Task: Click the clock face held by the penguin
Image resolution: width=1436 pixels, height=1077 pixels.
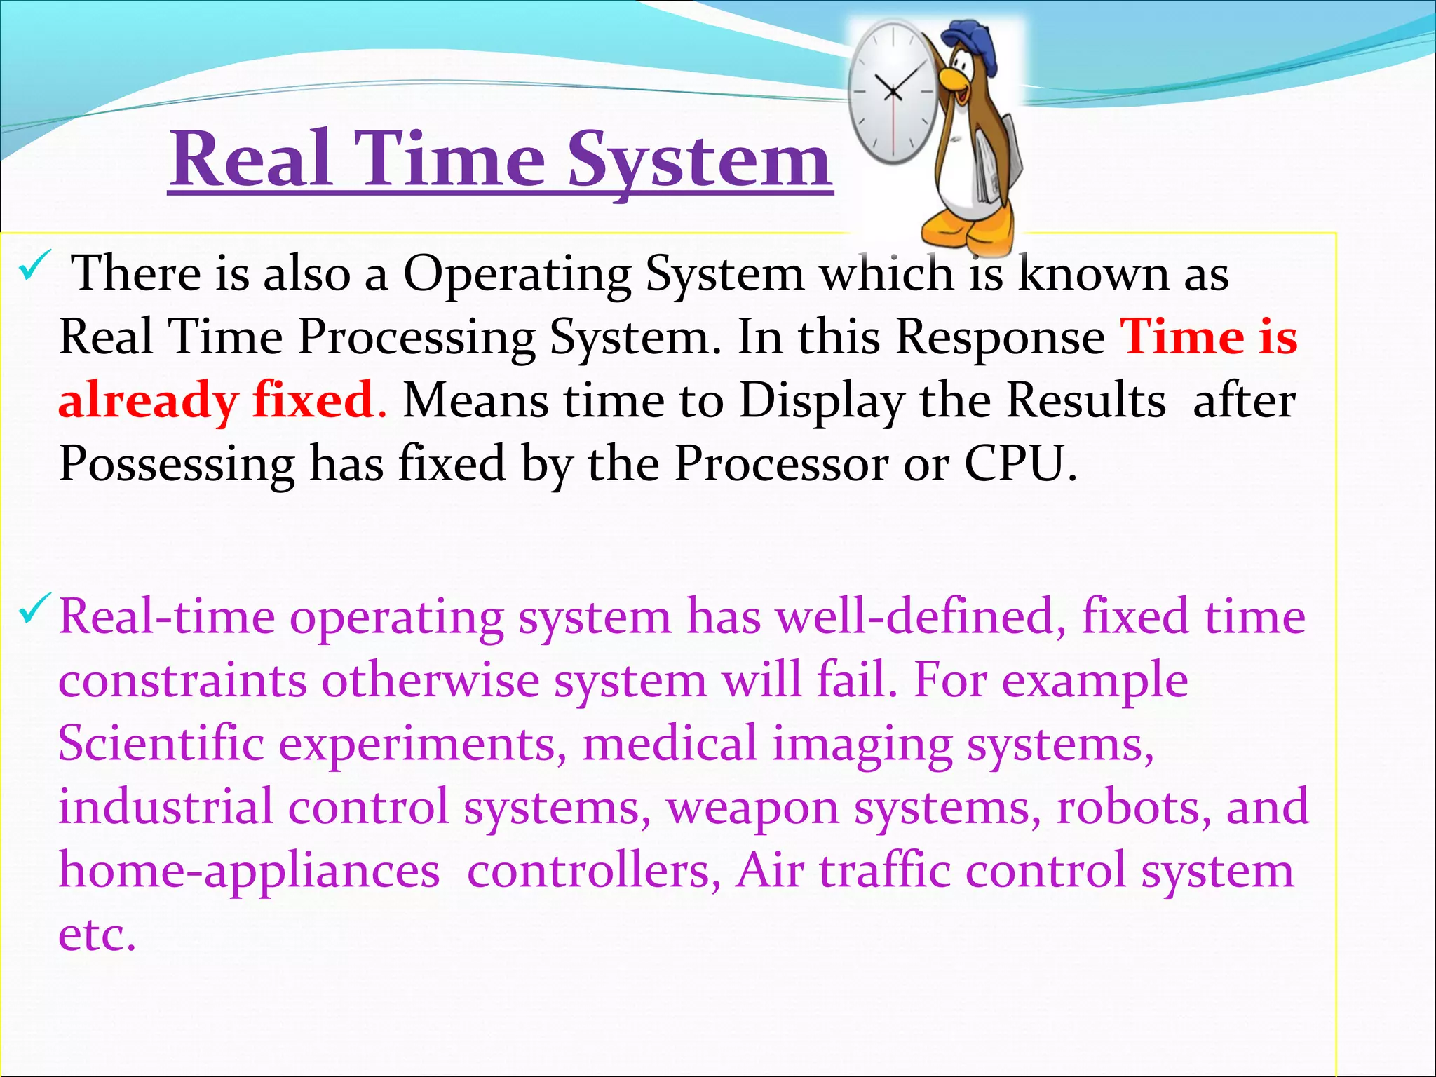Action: (893, 92)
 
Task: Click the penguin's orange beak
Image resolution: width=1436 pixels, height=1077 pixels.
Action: (954, 79)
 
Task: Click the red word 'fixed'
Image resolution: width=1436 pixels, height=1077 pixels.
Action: (313, 400)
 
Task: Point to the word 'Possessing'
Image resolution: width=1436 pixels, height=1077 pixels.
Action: (177, 466)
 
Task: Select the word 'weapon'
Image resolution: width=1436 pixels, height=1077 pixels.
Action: (752, 808)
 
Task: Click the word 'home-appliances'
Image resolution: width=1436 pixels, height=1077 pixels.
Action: (249, 872)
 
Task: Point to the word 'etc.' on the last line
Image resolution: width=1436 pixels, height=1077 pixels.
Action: (97, 935)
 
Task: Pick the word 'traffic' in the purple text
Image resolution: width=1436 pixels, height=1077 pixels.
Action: (885, 870)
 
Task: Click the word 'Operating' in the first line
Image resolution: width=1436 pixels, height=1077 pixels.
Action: (517, 274)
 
